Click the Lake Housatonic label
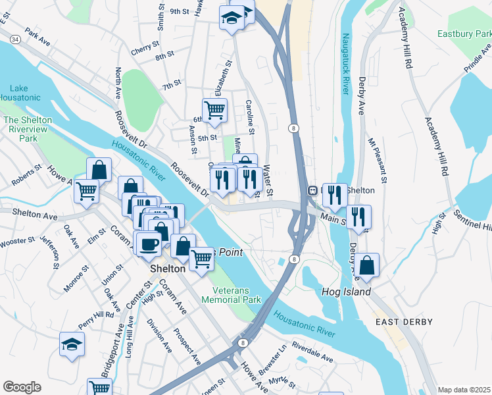25,93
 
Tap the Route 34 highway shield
15,40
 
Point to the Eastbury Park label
464,33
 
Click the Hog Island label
346,292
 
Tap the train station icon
313,190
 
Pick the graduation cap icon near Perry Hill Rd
72,343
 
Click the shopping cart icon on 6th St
214,110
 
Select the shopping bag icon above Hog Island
368,265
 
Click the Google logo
22,387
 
